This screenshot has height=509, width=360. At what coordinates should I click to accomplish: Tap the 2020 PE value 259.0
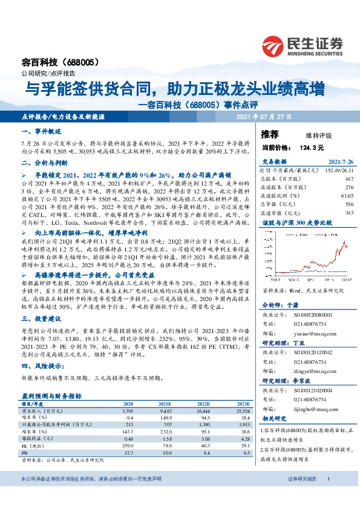click(x=128, y=446)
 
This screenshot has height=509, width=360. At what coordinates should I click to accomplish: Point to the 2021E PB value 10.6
click(x=164, y=453)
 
